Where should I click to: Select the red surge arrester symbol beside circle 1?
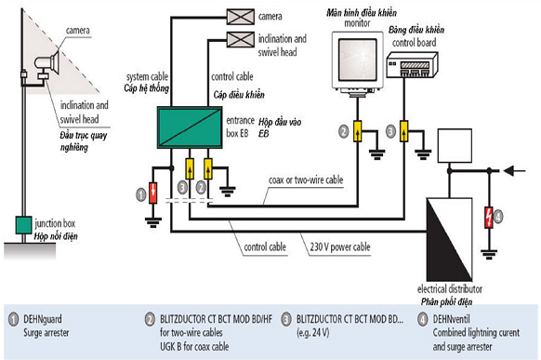[x=155, y=193]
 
